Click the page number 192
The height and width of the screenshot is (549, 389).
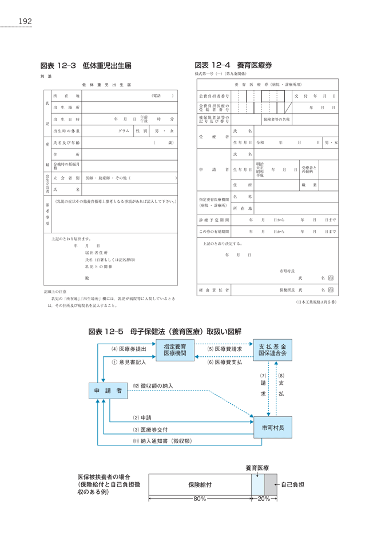[x=25, y=22]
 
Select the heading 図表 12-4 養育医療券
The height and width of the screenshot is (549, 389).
[x=233, y=65]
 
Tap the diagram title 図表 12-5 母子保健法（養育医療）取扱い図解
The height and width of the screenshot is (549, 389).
[x=165, y=331]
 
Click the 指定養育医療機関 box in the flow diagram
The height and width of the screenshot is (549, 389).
[x=174, y=350]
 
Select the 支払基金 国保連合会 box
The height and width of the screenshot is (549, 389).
[x=272, y=350]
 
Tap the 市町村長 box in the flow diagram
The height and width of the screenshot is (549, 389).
[x=272, y=427]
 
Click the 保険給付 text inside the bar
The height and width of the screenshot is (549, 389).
[x=200, y=484]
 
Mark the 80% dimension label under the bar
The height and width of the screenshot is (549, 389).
[x=200, y=499]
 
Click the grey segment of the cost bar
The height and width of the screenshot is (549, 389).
[x=271, y=484]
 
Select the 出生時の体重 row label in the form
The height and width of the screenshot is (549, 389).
[x=66, y=131]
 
